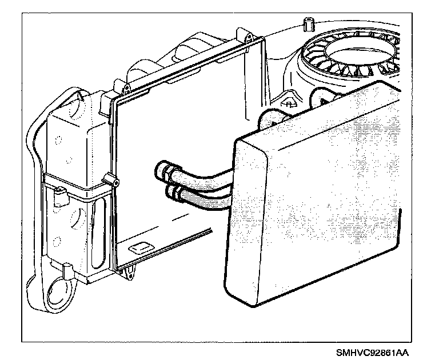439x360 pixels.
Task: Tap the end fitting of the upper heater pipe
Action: pyautogui.click(x=161, y=169)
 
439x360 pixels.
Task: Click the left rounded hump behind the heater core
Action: pyautogui.click(x=269, y=119)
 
